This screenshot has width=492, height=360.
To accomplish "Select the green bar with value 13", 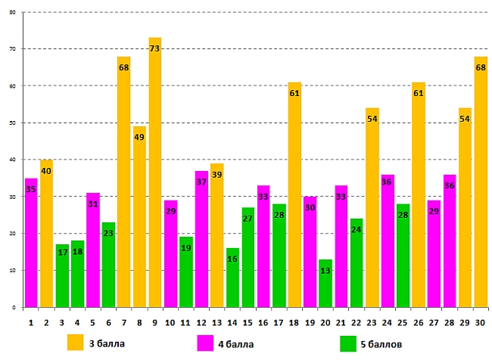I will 325,284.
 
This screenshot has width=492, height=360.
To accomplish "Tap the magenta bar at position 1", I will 31,243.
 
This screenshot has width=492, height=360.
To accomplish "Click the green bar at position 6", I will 108,265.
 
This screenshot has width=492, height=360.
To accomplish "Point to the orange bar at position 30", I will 481,182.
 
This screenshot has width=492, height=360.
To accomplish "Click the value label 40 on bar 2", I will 46,171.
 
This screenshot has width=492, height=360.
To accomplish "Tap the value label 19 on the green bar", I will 185,248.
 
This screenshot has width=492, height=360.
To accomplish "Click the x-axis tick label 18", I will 294,322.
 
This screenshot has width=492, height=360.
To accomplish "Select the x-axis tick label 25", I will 403,322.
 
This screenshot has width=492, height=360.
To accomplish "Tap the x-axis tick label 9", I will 155,322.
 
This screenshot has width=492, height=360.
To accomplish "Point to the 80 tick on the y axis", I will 13,12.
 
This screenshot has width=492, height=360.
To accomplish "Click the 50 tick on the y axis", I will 13,123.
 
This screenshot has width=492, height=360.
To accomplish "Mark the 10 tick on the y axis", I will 13,271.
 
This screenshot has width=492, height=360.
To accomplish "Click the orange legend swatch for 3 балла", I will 76,343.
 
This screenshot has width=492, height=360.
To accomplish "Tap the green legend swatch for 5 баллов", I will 349,343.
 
